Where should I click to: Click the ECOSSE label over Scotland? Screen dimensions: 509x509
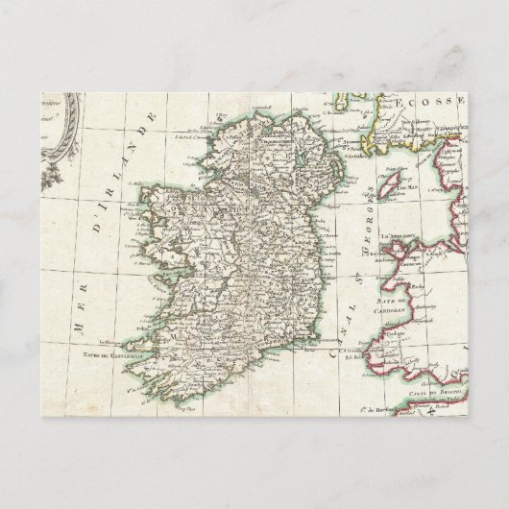[423, 100]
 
